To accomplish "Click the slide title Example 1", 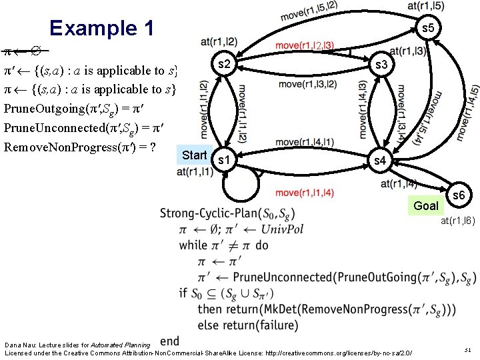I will click(x=102, y=28).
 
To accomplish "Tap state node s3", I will click(x=381, y=65).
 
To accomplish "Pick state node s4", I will click(x=380, y=161).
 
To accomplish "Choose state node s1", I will click(x=225, y=161).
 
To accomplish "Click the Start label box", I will click(x=195, y=155).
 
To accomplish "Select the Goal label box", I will click(x=426, y=205).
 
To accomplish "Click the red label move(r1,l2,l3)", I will click(x=305, y=46).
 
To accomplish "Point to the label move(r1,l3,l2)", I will click(x=307, y=84).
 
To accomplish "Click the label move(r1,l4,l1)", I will click(x=305, y=142).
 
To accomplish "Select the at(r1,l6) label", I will click(x=456, y=221).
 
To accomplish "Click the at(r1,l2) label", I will click(x=219, y=42).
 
